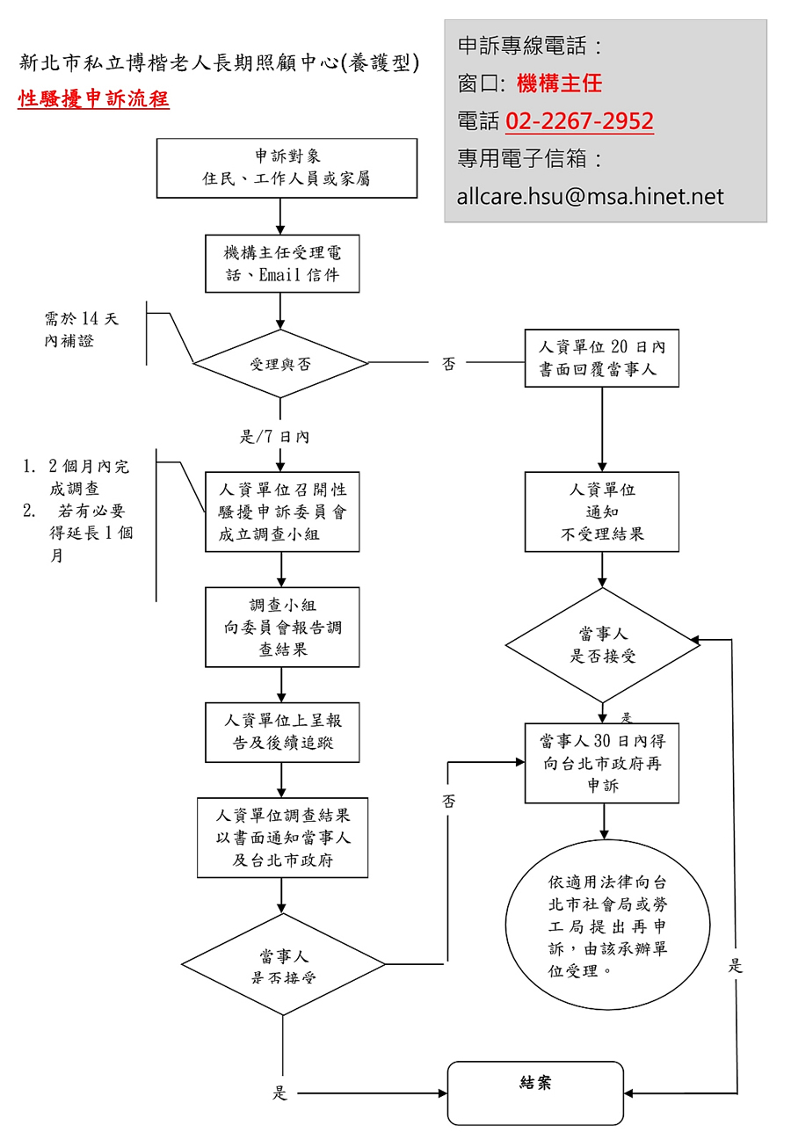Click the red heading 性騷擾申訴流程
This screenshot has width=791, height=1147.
click(93, 98)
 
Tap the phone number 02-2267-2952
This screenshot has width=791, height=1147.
click(579, 121)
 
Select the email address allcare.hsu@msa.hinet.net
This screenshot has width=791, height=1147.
click(590, 196)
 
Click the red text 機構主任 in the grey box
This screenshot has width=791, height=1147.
click(560, 83)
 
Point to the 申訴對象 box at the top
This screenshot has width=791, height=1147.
click(287, 168)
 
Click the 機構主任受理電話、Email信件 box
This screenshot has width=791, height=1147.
click(282, 264)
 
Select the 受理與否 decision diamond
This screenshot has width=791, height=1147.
click(280, 363)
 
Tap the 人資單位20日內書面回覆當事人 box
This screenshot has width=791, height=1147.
click(602, 359)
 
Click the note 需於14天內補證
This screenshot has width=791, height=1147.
click(81, 330)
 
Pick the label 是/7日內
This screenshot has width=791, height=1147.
click(274, 436)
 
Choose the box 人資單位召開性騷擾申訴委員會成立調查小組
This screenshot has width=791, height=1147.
click(282, 512)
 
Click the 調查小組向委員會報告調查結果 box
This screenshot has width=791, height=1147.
click(282, 628)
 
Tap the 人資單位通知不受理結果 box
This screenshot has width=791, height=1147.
click(602, 512)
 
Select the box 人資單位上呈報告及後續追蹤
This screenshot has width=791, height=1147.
click(282, 732)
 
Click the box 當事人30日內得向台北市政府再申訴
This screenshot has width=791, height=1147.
click(602, 763)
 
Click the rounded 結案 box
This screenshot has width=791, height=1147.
click(535, 1093)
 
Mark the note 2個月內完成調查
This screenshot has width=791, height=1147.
click(88, 476)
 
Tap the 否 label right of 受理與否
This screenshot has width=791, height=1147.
click(448, 364)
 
